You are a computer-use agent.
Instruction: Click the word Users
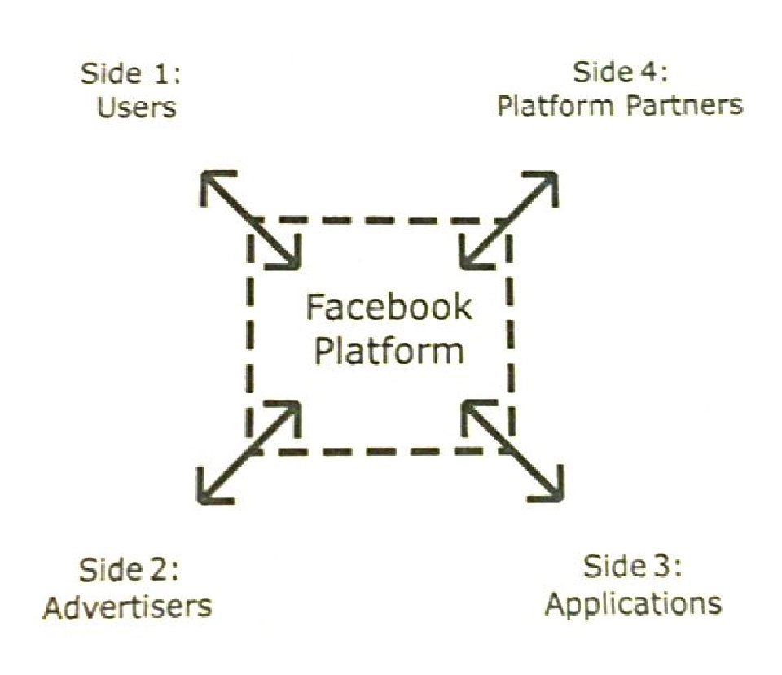137,107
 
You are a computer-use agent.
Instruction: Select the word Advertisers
127,607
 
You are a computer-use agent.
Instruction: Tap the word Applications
633,604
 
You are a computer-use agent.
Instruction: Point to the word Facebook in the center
389,308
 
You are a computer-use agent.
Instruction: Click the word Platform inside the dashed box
389,351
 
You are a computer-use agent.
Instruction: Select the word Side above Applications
612,568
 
